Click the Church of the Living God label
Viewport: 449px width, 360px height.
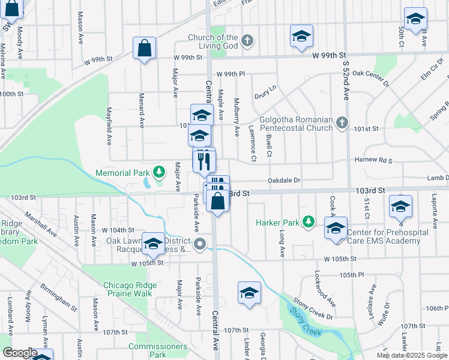point(213,41)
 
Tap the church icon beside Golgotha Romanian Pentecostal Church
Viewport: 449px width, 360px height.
point(342,123)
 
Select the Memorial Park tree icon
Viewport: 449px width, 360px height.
point(158,173)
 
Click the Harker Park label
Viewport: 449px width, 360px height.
point(277,223)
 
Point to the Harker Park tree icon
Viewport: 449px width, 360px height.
point(309,223)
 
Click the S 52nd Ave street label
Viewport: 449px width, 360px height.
point(346,78)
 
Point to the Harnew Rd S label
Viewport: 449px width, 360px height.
point(373,161)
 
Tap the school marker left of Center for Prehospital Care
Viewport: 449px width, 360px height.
point(336,228)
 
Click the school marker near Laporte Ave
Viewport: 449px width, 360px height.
point(400,207)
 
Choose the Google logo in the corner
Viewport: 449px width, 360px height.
point(19,353)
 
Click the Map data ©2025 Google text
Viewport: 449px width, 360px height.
point(411,355)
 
